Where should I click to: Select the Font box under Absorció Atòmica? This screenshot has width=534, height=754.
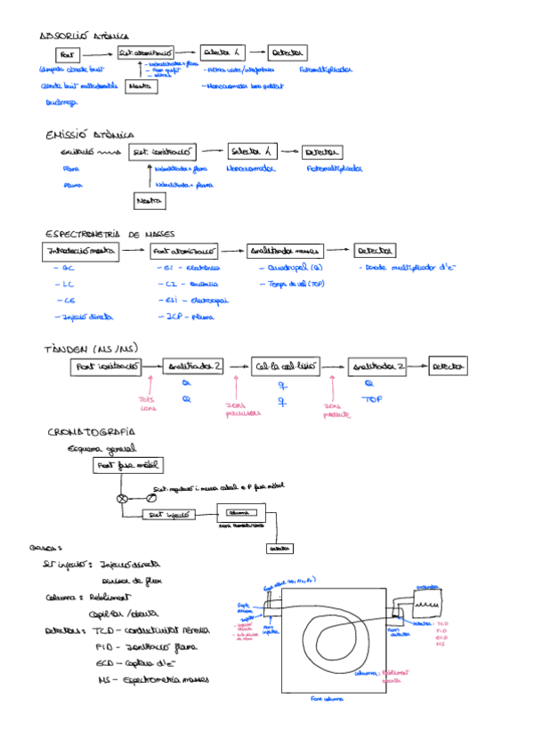[x=72, y=54]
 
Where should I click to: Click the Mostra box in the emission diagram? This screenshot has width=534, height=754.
[x=150, y=201]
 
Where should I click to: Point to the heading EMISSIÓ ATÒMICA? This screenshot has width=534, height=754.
[x=90, y=135]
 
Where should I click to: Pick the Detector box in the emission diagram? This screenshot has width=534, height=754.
[x=323, y=151]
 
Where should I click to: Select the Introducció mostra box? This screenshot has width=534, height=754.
[x=81, y=252]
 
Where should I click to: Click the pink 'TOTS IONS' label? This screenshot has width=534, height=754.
[x=149, y=404]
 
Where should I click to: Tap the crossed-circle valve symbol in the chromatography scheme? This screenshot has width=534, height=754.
[x=123, y=499]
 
